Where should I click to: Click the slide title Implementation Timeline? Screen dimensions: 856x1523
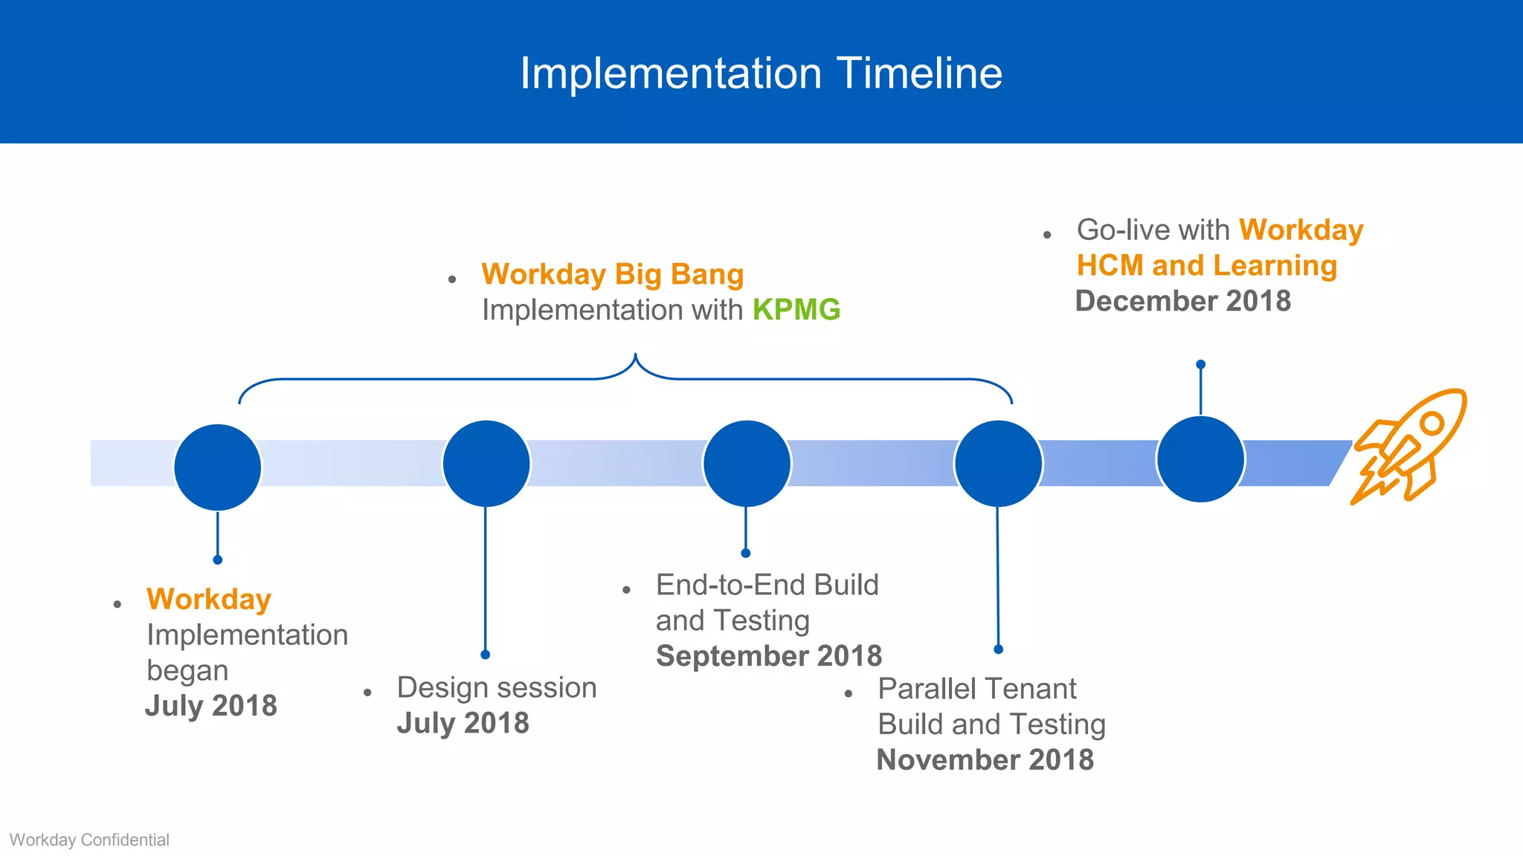761,74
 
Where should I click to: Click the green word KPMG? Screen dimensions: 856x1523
796,310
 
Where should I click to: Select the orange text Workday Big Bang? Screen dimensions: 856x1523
612,274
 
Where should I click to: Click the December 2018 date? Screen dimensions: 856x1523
1182,301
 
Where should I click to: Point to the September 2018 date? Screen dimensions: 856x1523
768,656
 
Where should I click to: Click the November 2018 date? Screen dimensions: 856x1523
985,760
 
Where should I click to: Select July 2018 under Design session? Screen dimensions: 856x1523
463,723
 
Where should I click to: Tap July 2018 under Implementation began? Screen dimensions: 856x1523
211,706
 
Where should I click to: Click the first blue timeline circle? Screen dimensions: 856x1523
217,467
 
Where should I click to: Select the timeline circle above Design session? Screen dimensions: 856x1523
486,464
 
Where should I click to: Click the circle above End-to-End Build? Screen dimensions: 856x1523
746,464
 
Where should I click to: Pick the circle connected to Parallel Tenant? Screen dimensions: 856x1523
998,464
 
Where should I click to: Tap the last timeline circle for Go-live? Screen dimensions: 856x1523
1200,459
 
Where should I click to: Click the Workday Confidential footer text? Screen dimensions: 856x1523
89,840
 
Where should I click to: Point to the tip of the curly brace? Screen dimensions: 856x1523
635,356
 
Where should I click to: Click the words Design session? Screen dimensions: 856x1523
497,688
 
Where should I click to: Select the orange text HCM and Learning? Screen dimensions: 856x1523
1206,266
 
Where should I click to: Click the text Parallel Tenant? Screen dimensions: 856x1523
976,689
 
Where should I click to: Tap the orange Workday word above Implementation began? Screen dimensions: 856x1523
209,600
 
